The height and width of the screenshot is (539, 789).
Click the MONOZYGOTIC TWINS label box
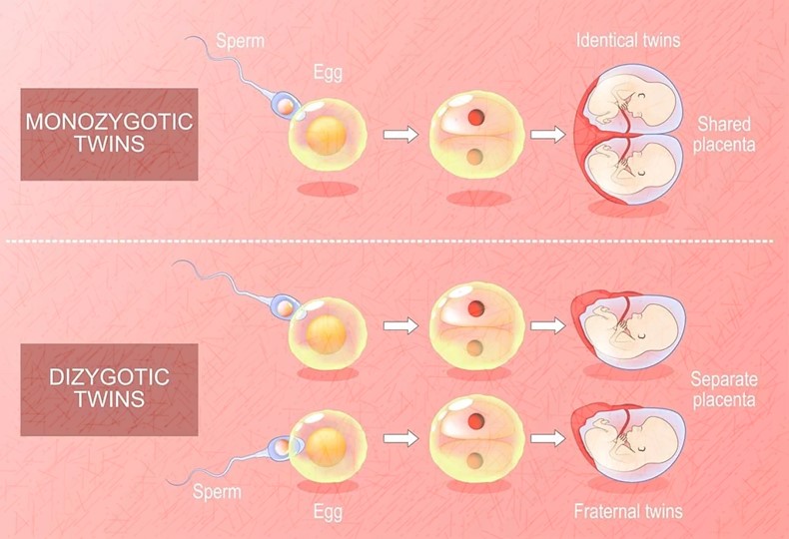pyautogui.click(x=109, y=134)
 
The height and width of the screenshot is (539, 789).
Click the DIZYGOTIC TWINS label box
pyautogui.click(x=109, y=389)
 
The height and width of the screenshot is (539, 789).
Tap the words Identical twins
pyautogui.click(x=628, y=40)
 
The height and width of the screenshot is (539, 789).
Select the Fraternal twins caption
pyautogui.click(x=628, y=511)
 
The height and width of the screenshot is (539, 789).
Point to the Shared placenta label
pyautogui.click(x=724, y=134)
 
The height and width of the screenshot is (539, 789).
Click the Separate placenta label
pyautogui.click(x=724, y=389)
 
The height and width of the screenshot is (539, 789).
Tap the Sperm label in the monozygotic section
pyautogui.click(x=240, y=41)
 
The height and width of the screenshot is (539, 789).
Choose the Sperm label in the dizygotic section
pyautogui.click(x=217, y=491)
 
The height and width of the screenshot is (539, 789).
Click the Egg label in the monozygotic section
pyautogui.click(x=328, y=73)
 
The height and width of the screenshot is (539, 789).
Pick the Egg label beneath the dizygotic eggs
pyautogui.click(x=328, y=512)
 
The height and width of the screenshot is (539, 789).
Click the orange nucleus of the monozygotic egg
pyautogui.click(x=326, y=136)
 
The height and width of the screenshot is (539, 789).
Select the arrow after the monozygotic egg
pyautogui.click(x=400, y=135)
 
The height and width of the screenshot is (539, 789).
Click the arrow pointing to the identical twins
pyautogui.click(x=548, y=135)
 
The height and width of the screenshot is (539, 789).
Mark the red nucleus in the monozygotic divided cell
pyautogui.click(x=476, y=118)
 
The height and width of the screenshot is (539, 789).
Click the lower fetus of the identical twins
pyautogui.click(x=631, y=168)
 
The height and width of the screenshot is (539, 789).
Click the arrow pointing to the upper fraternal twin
pyautogui.click(x=548, y=325)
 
